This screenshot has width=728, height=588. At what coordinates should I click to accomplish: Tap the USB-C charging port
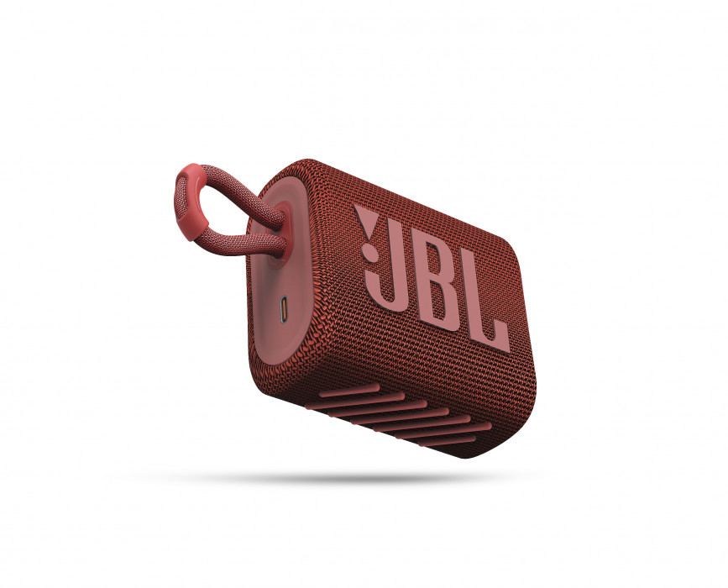[284, 310]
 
